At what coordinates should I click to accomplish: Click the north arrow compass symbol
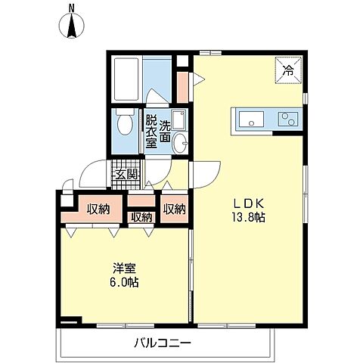click(72, 26)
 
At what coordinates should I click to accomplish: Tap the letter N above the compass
click(72, 8)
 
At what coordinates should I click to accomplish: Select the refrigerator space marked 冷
click(288, 70)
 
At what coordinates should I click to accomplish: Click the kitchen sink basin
click(251, 119)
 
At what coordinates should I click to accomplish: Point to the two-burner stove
click(288, 119)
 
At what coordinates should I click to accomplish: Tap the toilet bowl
click(126, 123)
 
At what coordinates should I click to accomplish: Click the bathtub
click(126, 79)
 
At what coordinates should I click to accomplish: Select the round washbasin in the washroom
click(181, 143)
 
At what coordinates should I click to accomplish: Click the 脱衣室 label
click(152, 132)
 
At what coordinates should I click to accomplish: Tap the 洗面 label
click(165, 132)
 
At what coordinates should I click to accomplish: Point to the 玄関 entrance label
click(126, 174)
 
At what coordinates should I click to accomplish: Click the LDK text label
click(249, 203)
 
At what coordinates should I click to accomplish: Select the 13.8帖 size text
click(249, 217)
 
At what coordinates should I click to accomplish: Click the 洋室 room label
click(125, 268)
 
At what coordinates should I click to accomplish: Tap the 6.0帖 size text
click(124, 282)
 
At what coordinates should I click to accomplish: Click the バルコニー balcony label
click(163, 343)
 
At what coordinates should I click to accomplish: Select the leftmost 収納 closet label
click(98, 209)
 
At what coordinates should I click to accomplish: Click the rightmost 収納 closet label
click(175, 209)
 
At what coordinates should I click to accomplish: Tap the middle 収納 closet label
click(142, 217)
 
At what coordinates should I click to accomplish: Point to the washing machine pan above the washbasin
click(178, 119)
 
